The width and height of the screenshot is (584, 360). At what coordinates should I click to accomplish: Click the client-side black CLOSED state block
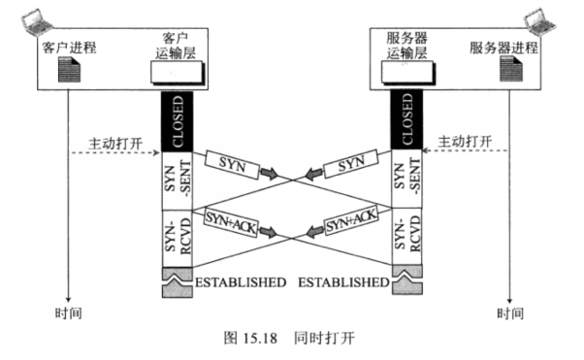pos(177,121)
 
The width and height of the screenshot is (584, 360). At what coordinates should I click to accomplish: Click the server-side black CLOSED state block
pos(406,121)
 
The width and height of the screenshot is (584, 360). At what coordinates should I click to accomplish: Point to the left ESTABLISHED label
pos(241,283)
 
